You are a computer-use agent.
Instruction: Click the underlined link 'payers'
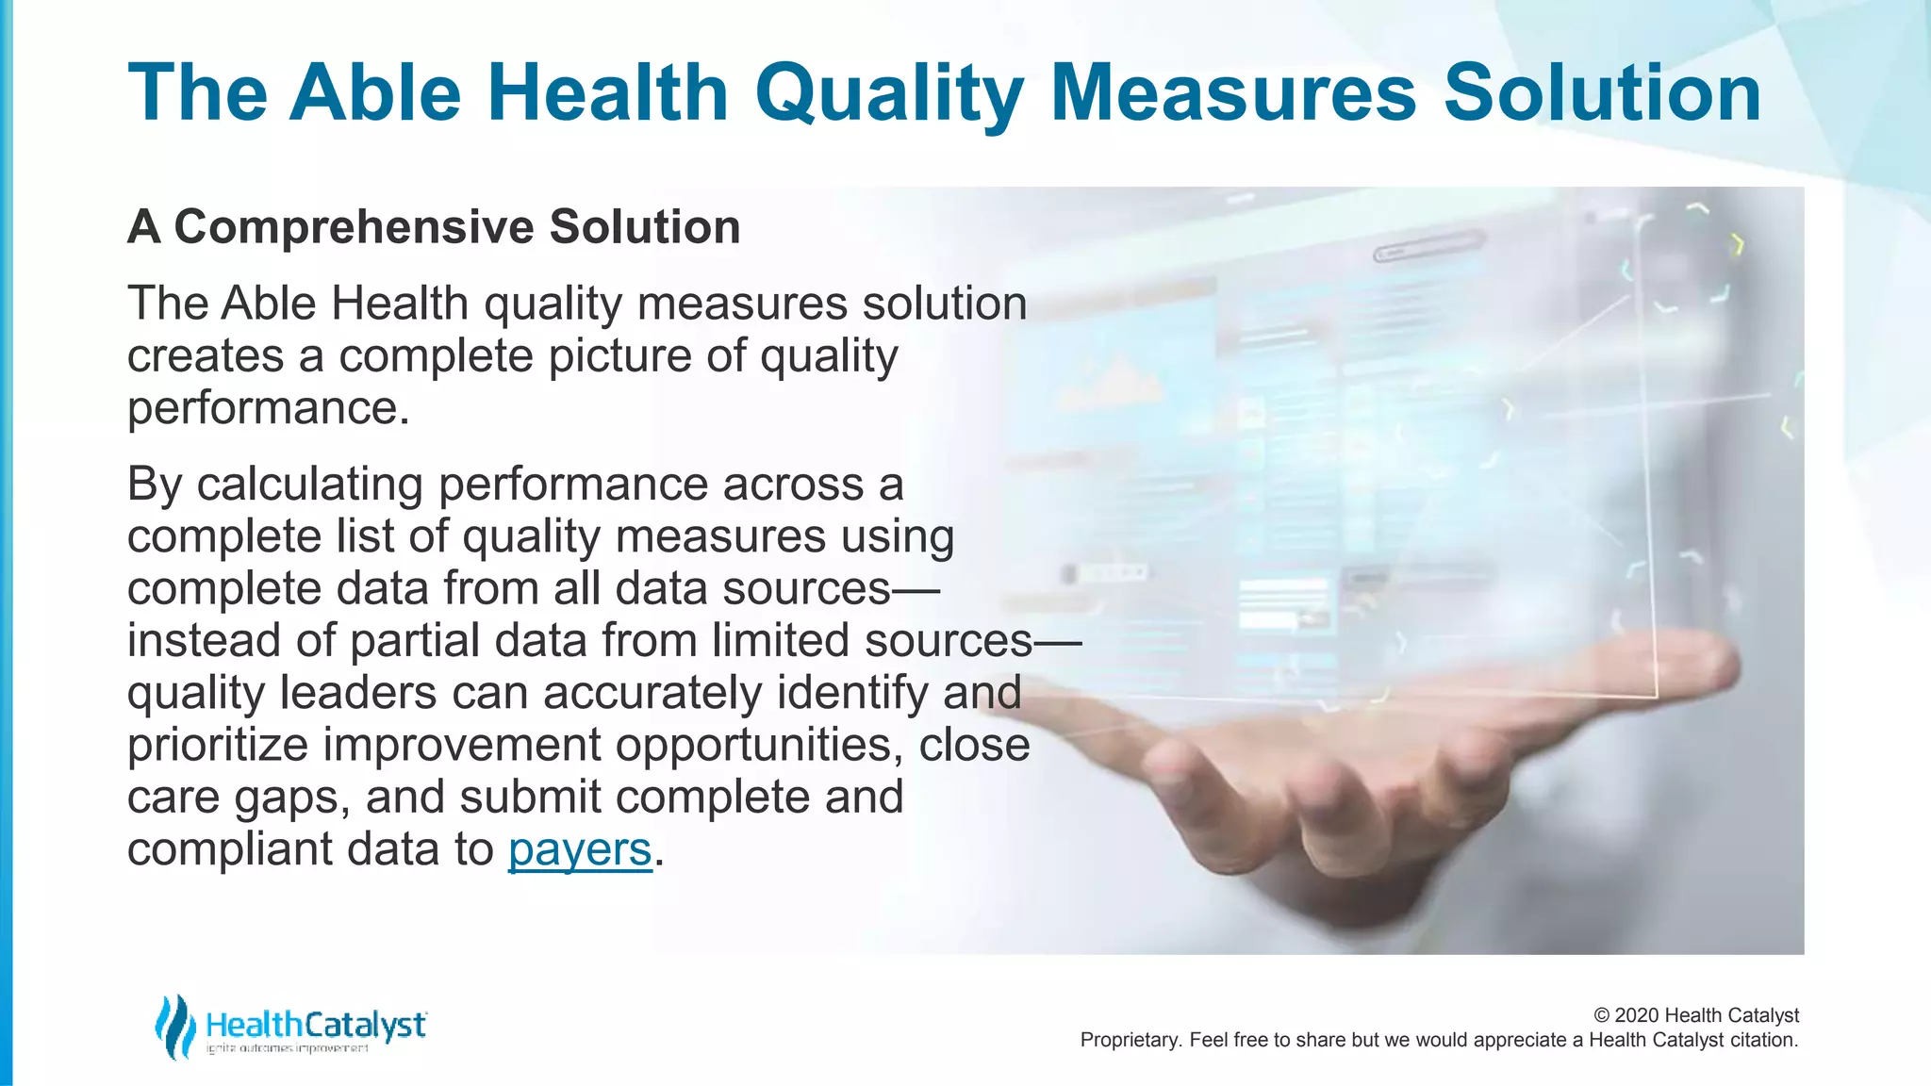pos(580,849)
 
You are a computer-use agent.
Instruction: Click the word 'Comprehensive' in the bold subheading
pos(355,227)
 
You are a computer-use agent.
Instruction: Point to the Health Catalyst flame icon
pos(174,1027)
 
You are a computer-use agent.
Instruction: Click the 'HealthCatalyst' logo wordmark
pos(315,1024)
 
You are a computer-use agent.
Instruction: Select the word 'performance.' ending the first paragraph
pos(269,409)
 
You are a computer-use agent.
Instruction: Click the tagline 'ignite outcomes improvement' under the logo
pos(287,1049)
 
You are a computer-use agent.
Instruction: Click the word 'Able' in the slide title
pos(375,92)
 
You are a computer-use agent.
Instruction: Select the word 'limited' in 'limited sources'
pos(781,641)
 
